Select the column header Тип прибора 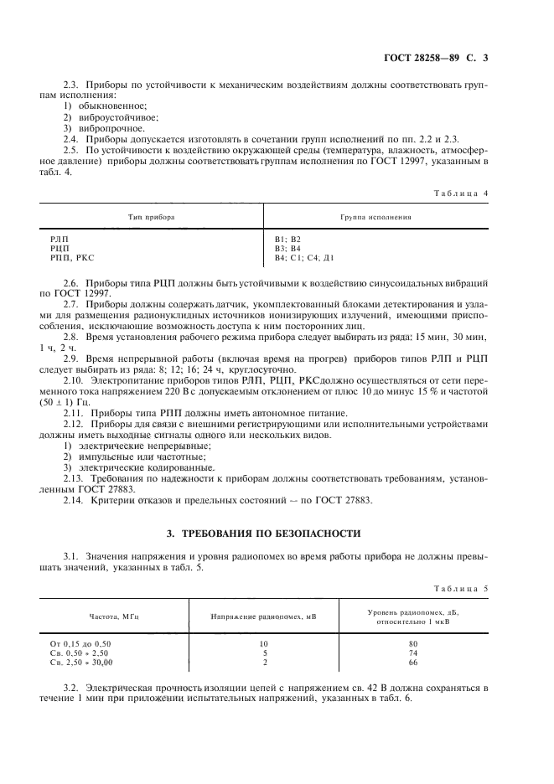pyautogui.click(x=151, y=216)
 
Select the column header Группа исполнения pyautogui.click(x=375, y=216)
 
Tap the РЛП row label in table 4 pyautogui.click(x=60, y=240)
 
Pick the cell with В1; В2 pyautogui.click(x=276, y=240)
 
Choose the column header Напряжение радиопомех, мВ pyautogui.click(x=264, y=616)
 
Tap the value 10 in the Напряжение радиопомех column pyautogui.click(x=264, y=642)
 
